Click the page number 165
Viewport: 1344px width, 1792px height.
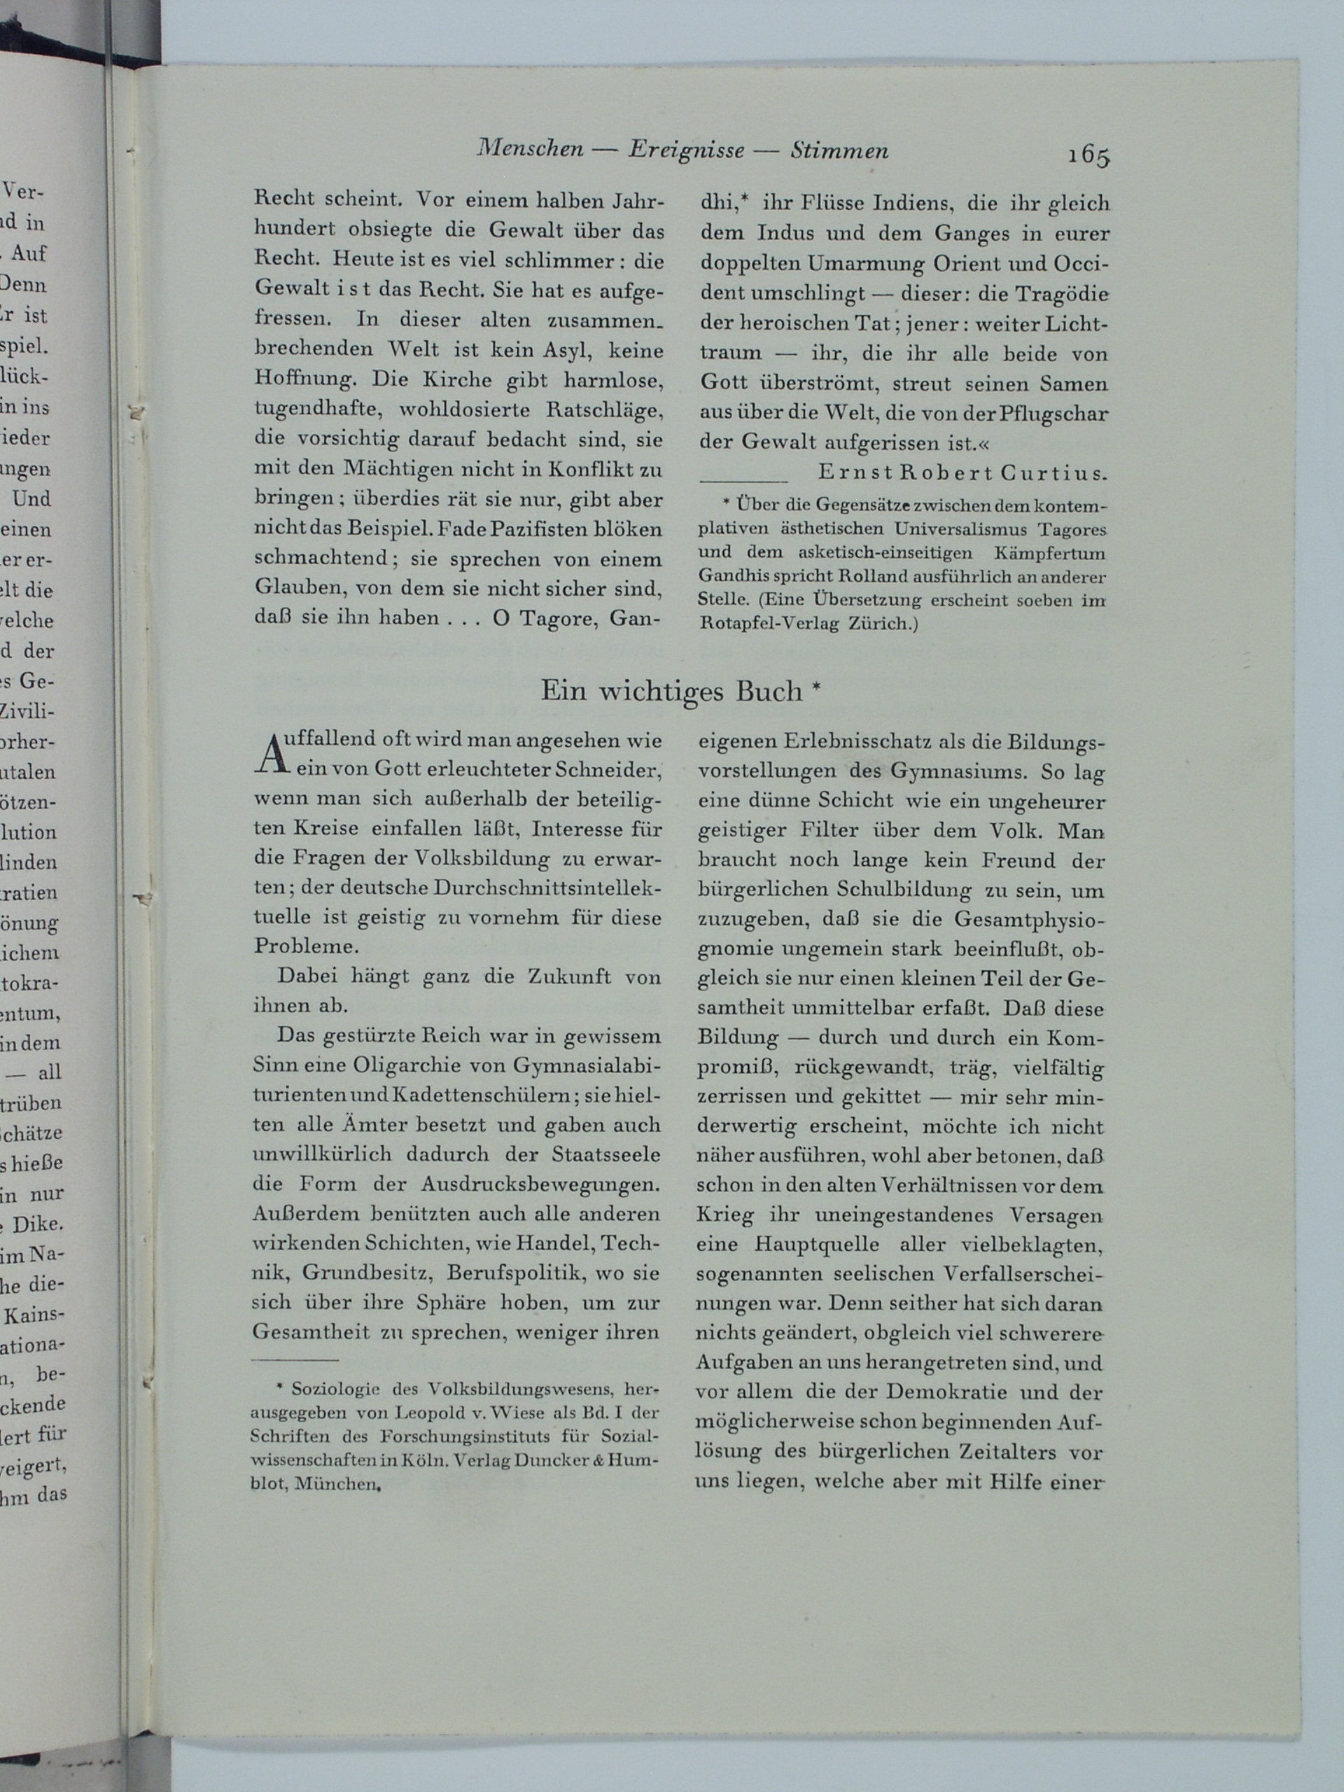pos(1088,155)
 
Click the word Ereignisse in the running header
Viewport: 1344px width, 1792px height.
pos(685,150)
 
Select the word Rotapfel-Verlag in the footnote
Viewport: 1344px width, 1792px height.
pos(756,624)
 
